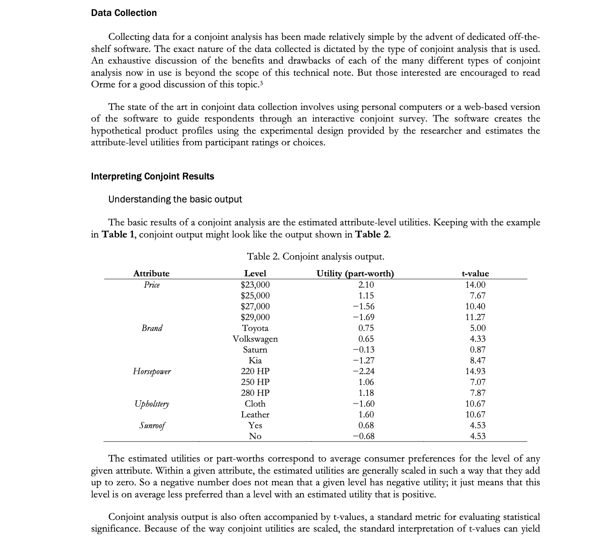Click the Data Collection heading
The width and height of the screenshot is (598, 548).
click(124, 13)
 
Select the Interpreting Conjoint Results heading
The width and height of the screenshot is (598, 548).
click(153, 176)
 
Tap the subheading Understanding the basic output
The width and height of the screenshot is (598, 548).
click(175, 199)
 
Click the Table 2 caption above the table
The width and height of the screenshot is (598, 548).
click(315, 256)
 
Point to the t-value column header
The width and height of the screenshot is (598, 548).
click(475, 273)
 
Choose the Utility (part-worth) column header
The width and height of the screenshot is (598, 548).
click(355, 273)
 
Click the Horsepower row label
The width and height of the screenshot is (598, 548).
click(152, 372)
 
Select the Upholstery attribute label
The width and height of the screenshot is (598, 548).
click(152, 404)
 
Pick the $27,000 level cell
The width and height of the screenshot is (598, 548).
click(255, 307)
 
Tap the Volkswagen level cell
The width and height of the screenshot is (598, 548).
click(255, 339)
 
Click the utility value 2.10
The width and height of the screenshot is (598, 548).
click(366, 285)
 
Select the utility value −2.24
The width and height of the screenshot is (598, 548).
click(364, 372)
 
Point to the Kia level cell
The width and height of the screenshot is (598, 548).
click(255, 361)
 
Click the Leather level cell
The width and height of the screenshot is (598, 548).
click(255, 415)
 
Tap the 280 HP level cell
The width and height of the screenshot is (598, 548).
click(255, 393)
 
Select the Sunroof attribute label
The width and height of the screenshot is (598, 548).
click(152, 426)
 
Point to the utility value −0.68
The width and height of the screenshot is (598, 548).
click(364, 436)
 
